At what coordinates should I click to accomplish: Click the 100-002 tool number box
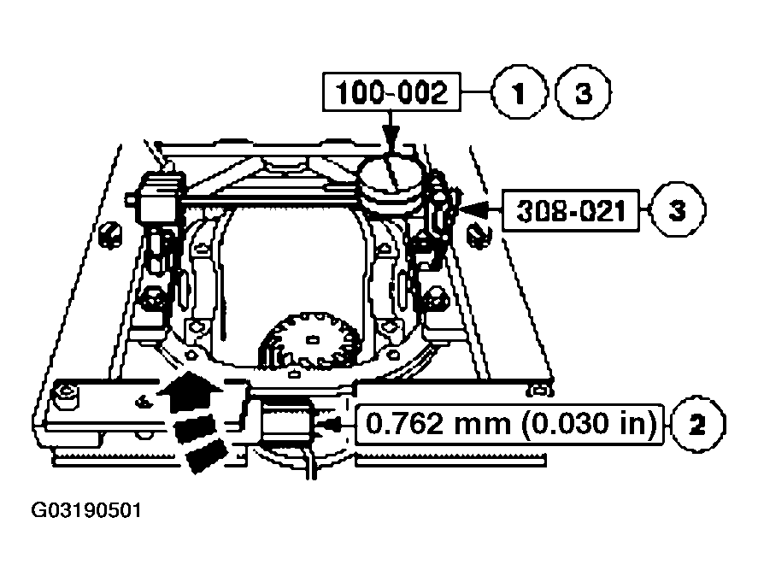pyautogui.click(x=391, y=92)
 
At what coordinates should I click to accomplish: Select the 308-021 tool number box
pyautogui.click(x=569, y=208)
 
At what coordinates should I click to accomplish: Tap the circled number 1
pyautogui.click(x=519, y=92)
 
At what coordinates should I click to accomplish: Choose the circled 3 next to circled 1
pyautogui.click(x=583, y=92)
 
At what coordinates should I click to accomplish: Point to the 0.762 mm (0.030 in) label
pyautogui.click(x=510, y=423)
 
